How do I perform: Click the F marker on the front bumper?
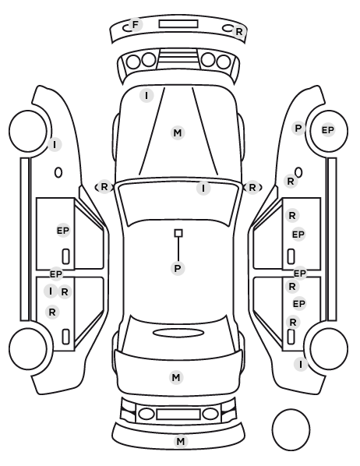pos(136,25)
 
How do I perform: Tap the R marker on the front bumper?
pos(239,32)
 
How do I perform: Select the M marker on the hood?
pos(178,132)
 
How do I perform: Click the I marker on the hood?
pos(146,96)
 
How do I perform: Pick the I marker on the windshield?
pos(203,188)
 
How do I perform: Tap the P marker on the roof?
pos(178,268)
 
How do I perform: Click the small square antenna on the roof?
pos(178,233)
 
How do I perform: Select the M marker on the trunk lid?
pos(176,378)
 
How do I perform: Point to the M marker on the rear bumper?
pos(181,441)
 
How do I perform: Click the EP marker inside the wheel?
pos(328,130)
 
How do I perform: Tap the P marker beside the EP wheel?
pos(298,129)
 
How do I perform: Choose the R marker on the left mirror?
pos(104,187)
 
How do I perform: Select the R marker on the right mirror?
pos(252,188)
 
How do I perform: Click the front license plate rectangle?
pos(178,24)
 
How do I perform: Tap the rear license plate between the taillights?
pos(178,414)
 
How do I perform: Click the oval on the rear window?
pos(178,333)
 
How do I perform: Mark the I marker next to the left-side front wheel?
pos(55,145)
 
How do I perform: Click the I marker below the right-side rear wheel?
pos(301,364)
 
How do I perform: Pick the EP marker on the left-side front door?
pos(63,231)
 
